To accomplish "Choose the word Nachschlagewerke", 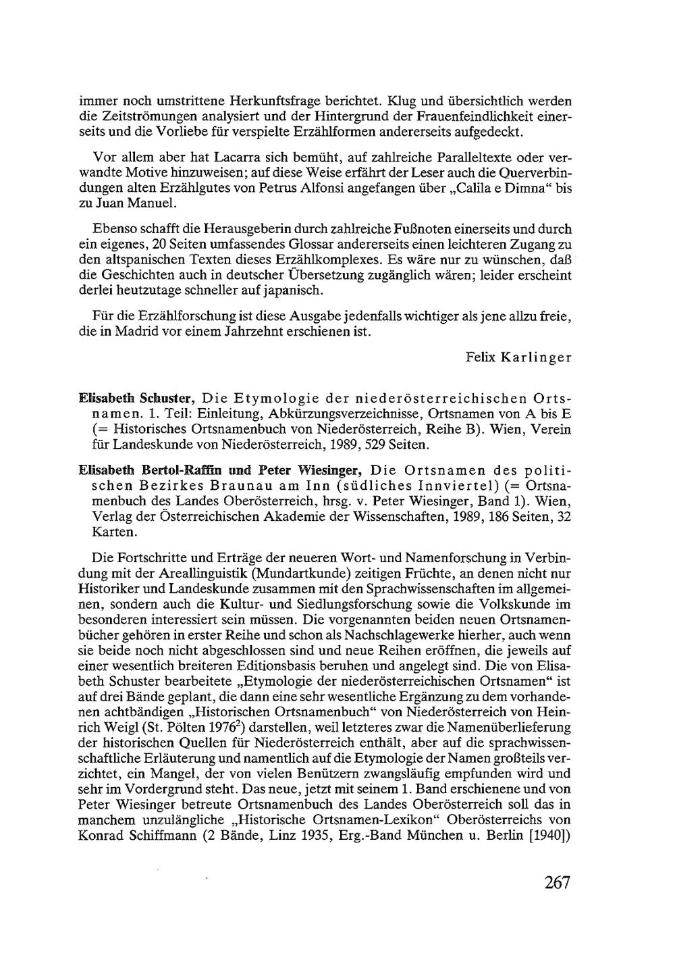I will tap(402, 636).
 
